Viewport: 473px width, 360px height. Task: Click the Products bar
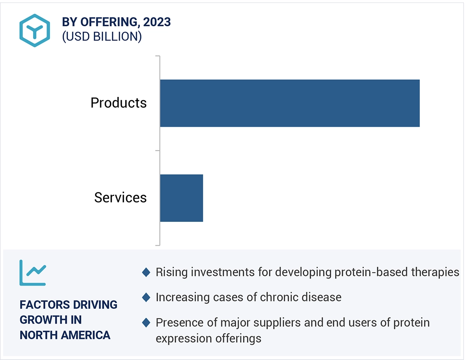pos(289,103)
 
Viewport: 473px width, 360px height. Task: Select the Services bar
pos(181,198)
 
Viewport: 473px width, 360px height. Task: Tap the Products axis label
pos(118,103)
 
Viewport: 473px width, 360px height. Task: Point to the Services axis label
pos(120,198)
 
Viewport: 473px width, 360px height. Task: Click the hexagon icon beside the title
pos(35,30)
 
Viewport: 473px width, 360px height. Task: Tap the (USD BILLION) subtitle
pos(101,37)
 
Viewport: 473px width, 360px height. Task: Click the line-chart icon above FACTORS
pos(33,273)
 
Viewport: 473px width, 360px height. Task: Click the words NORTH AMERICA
pos(65,335)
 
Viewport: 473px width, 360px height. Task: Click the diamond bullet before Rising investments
pos(146,272)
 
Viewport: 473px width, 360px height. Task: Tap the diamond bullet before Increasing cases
pos(146,298)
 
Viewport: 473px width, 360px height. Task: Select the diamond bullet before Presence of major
pos(146,323)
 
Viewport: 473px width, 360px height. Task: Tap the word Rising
pos(171,272)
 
